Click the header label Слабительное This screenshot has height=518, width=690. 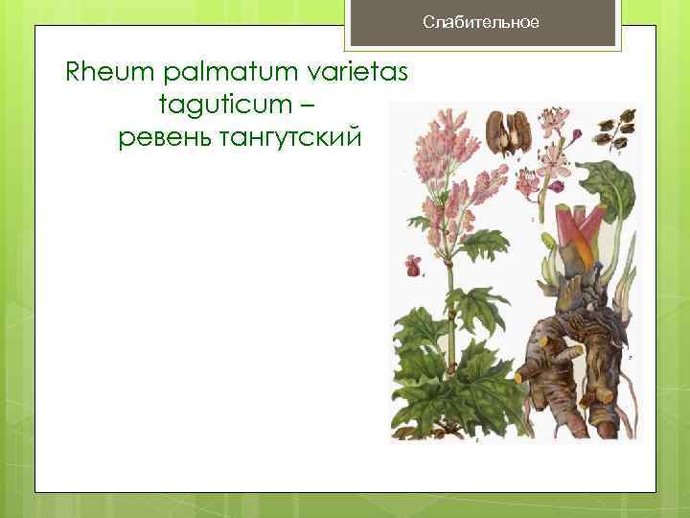click(x=482, y=22)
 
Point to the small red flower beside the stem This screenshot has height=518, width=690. click(x=414, y=265)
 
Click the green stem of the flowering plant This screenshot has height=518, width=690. click(x=447, y=307)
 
